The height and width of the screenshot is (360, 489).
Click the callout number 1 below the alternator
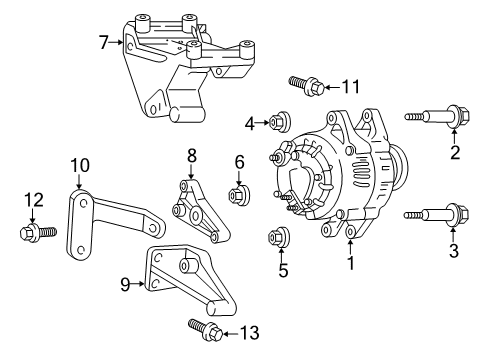(350, 265)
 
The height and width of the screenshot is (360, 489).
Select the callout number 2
(455, 152)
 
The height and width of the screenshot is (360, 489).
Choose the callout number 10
(79, 164)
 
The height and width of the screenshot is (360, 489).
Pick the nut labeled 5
(280, 239)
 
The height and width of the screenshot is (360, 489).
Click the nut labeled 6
(239, 193)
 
